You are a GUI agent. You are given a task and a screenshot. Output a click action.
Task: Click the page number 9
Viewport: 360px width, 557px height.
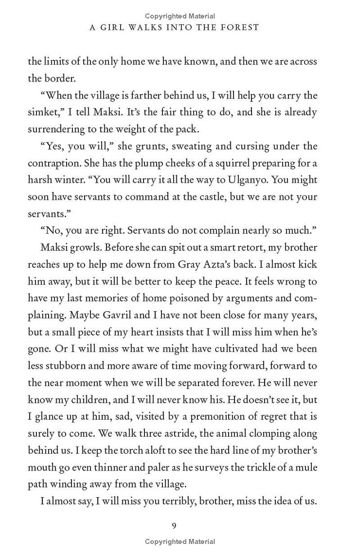[174, 525]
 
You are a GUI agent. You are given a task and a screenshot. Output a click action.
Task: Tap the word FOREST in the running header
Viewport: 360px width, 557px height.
[240, 27]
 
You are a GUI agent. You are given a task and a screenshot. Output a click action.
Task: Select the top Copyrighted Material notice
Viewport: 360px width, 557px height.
[180, 16]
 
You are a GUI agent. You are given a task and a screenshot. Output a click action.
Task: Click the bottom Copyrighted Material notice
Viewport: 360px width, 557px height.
[180, 542]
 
